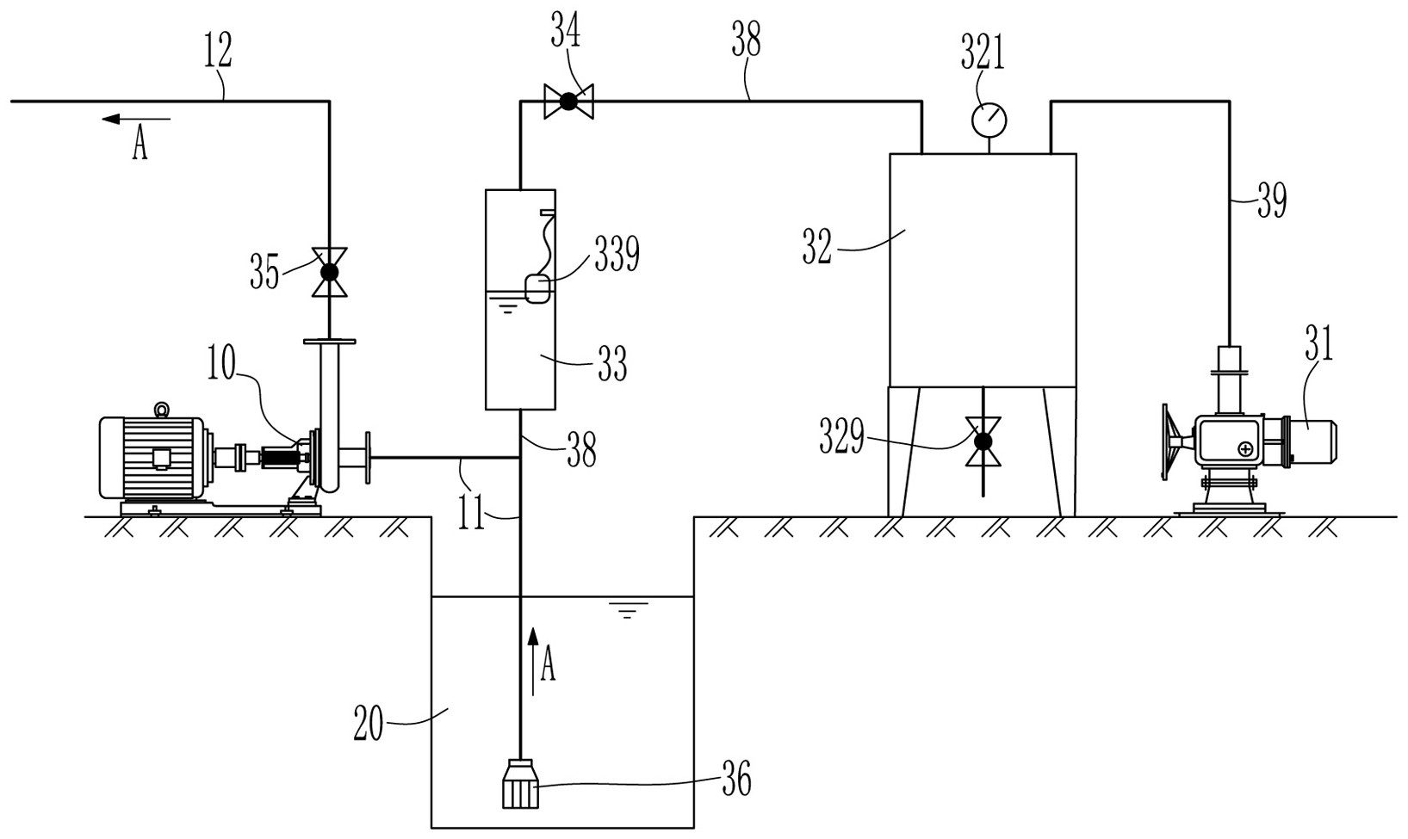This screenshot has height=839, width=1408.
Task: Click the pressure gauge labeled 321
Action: point(989,119)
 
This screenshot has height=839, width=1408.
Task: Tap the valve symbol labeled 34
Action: point(568,101)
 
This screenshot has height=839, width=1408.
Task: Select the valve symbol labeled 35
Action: point(329,272)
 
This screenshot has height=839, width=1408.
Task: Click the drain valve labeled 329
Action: point(983,441)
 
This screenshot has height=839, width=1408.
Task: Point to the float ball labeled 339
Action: point(538,289)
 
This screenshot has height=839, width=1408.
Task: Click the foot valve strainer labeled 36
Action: point(520,784)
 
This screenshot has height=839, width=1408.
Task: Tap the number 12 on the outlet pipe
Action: point(218,50)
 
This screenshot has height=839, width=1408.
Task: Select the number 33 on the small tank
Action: point(611,364)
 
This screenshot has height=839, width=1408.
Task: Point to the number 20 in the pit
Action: point(369,724)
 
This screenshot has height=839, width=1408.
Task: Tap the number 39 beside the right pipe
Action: point(1272,200)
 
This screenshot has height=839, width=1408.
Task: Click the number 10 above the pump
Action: point(220,363)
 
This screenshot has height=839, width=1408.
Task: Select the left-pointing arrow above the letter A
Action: point(136,118)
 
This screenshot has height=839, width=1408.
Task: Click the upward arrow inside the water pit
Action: point(533,661)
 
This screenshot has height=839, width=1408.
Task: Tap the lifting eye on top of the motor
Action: point(162,410)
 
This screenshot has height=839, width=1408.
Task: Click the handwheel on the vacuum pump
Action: point(1168,443)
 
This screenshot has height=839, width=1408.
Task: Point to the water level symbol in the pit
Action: point(627,610)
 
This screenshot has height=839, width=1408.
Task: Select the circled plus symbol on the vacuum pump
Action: point(1245,447)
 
